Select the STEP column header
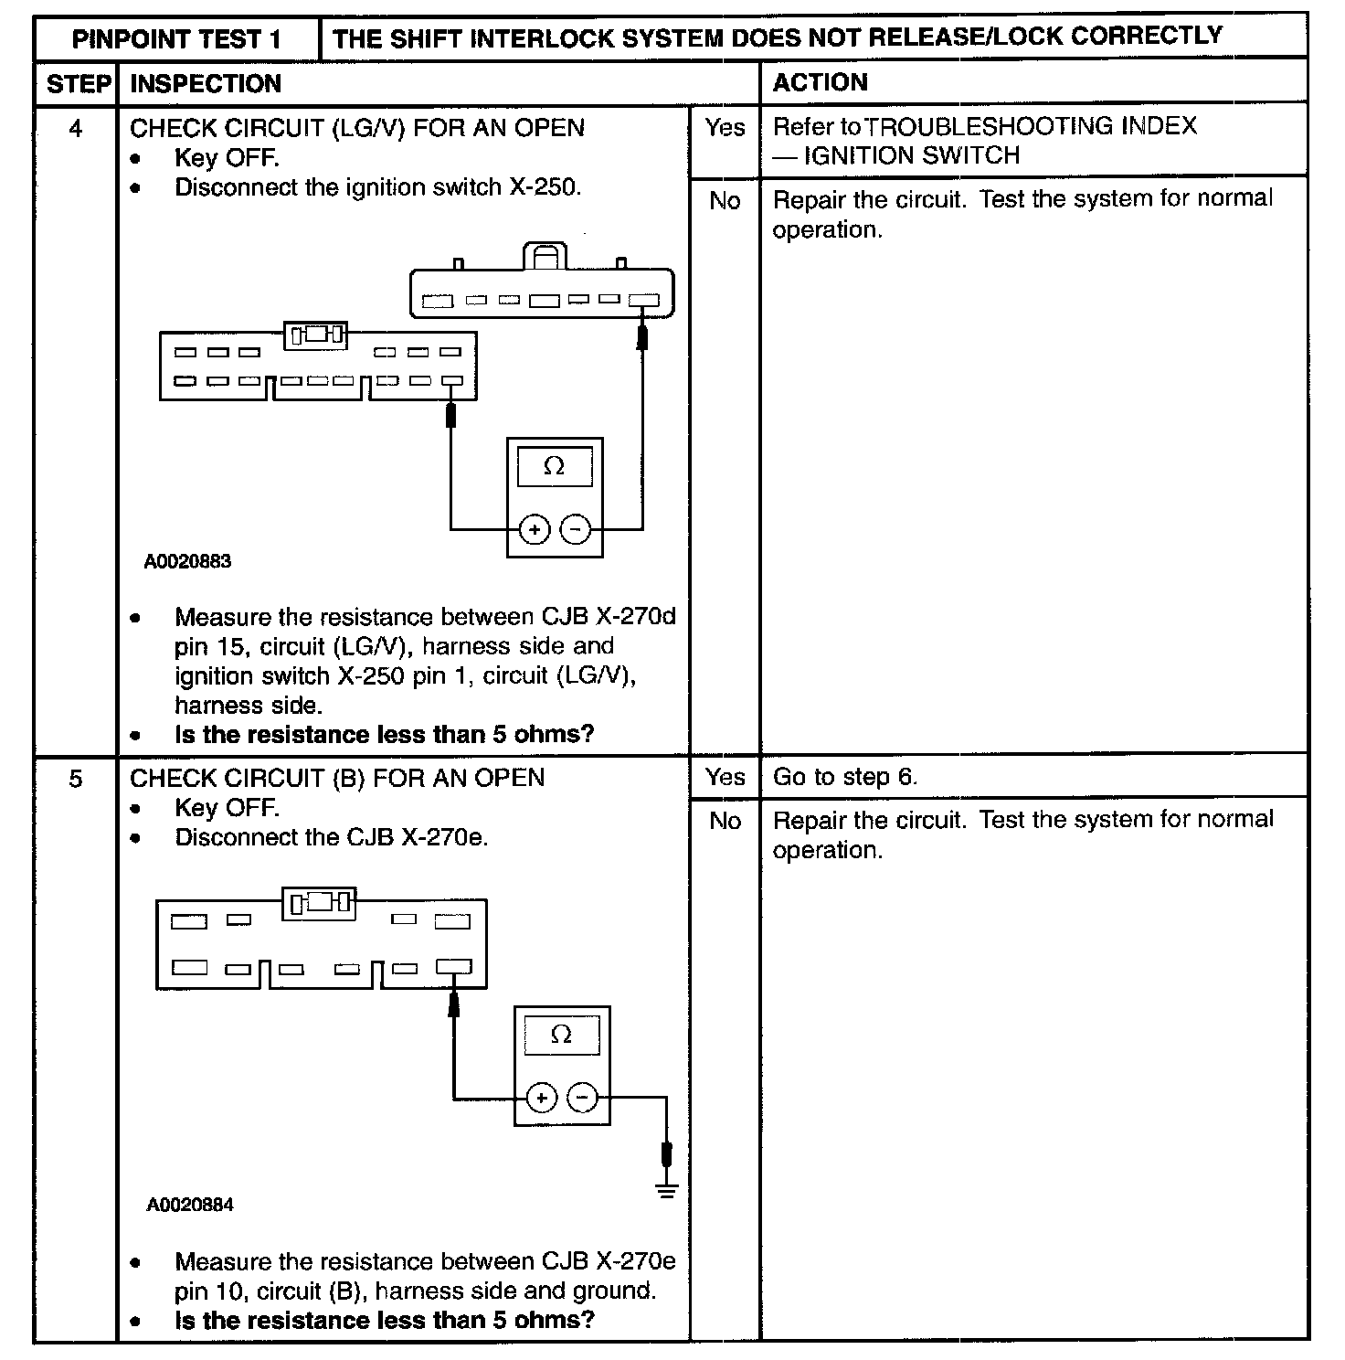(78, 84)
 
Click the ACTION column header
(820, 83)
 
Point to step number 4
(76, 129)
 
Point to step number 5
(76, 779)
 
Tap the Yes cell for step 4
(725, 128)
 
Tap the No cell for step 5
(725, 821)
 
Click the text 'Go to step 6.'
(844, 778)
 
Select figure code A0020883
(187, 562)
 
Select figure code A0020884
(189, 1206)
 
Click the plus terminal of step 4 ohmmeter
(534, 529)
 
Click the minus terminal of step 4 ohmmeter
(575, 529)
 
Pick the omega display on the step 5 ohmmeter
(562, 1036)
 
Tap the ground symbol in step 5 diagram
(667, 1189)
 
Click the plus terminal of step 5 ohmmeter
(541, 1097)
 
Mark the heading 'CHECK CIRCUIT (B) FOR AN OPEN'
(337, 779)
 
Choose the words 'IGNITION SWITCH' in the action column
(911, 156)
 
